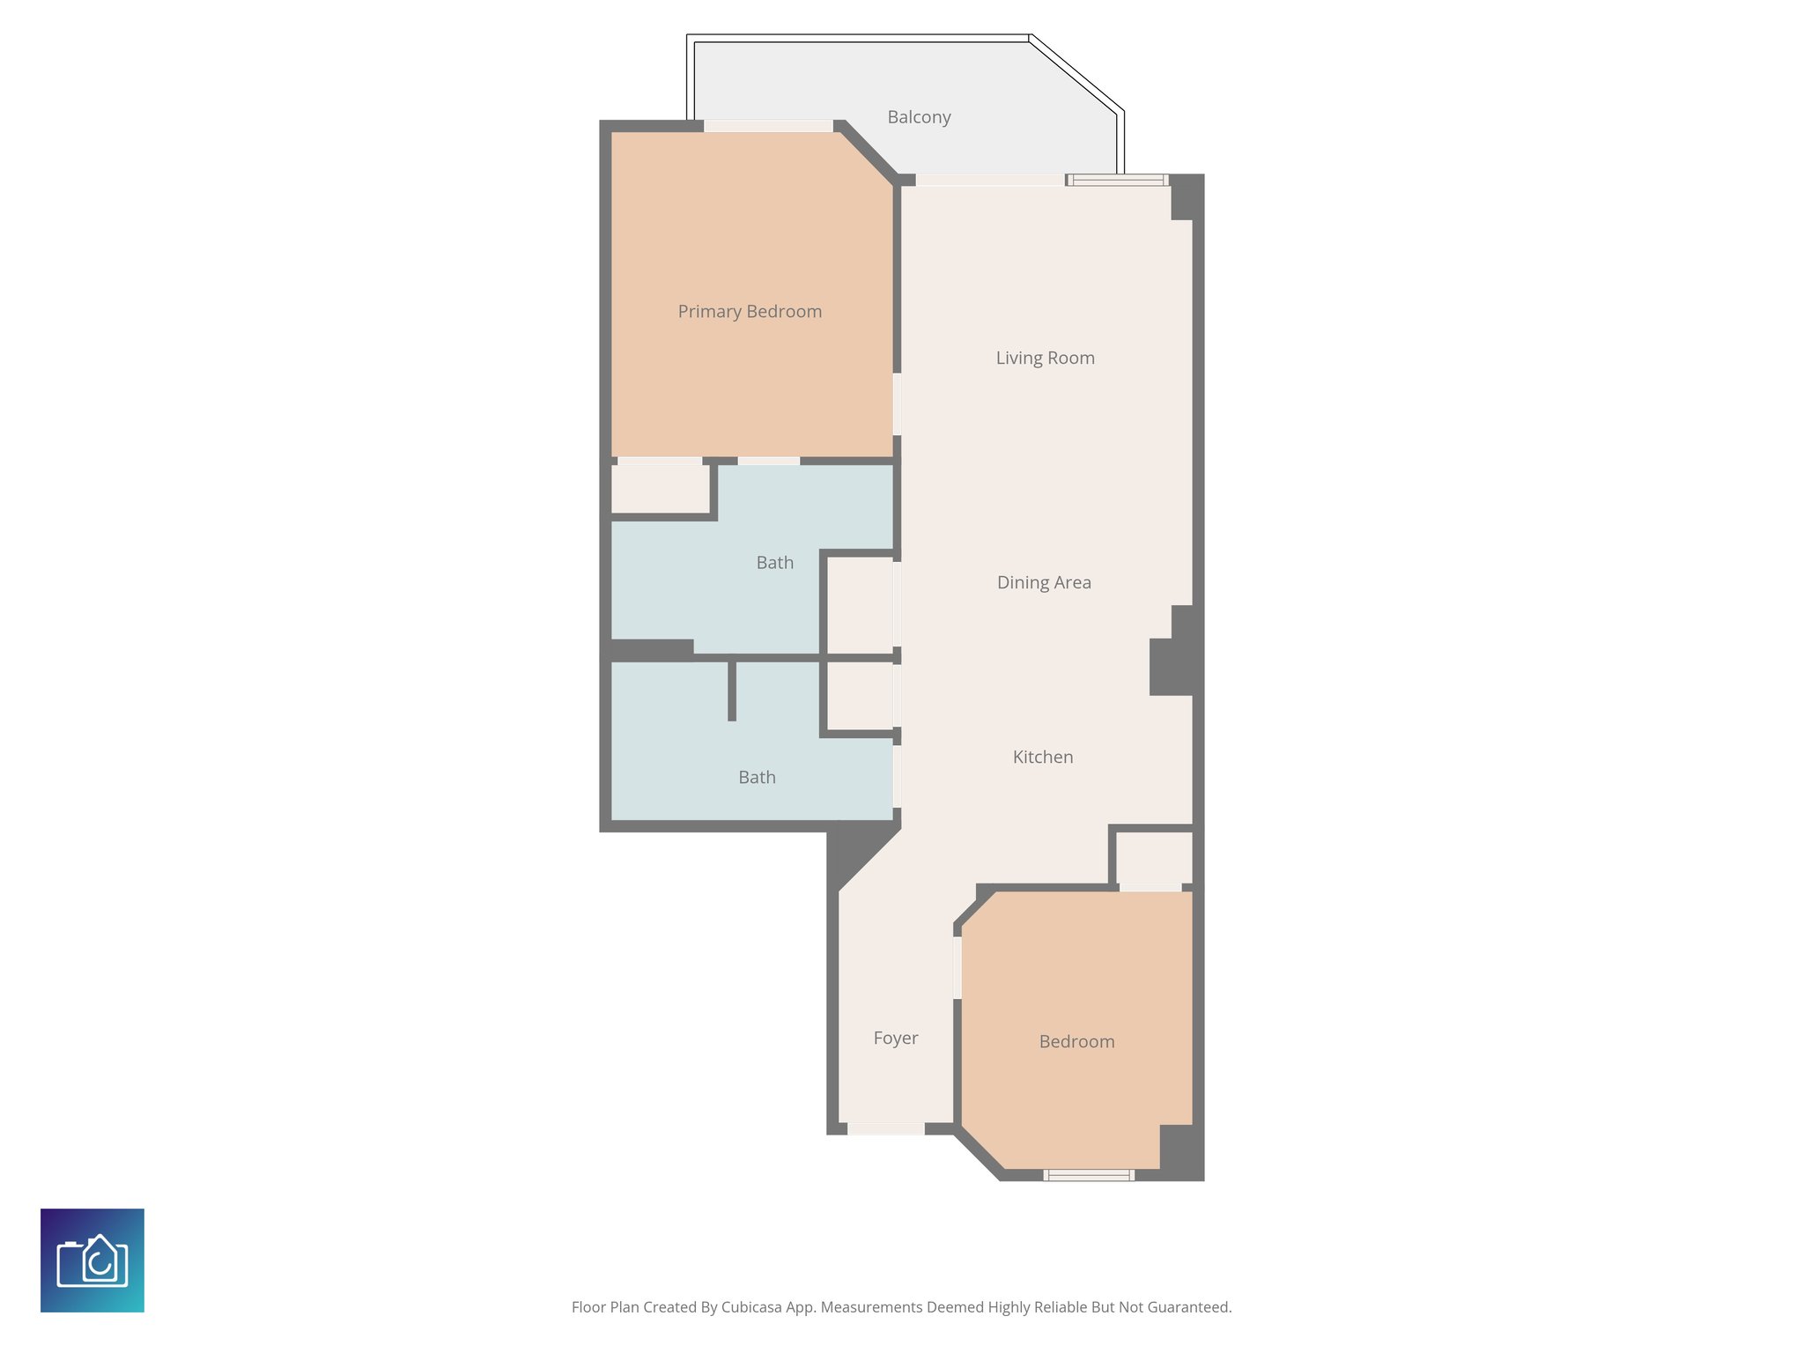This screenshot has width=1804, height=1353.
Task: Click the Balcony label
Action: click(919, 117)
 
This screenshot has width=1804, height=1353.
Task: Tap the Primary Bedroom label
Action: click(750, 312)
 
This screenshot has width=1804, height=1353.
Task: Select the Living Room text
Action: click(1045, 358)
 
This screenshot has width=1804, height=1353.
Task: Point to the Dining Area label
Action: click(1044, 582)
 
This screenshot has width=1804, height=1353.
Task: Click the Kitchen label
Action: click(1043, 757)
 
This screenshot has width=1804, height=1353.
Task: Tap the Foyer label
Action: click(896, 1038)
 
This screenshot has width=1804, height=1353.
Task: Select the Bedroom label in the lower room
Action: click(1076, 1041)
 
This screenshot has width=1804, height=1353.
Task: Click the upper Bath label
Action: click(774, 563)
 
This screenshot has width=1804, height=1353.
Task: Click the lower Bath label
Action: click(757, 777)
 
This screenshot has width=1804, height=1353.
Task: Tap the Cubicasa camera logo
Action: click(92, 1261)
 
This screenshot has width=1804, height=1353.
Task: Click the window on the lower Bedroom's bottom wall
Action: click(1089, 1175)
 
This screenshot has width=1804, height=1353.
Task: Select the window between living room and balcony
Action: click(1118, 181)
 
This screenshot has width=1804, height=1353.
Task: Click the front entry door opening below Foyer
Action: click(885, 1128)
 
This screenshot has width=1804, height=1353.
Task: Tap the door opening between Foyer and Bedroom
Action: click(957, 967)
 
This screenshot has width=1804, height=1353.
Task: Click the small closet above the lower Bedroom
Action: click(1154, 857)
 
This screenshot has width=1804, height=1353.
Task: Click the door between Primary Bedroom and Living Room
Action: click(897, 403)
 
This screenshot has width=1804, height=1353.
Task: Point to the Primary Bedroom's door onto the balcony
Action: click(768, 126)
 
